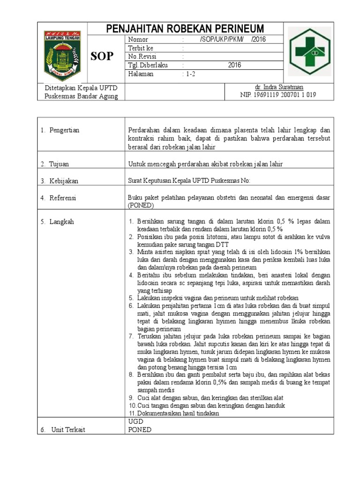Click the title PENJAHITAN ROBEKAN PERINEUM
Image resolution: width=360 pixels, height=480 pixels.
[x=185, y=29]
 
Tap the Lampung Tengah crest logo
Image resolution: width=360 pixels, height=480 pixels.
[x=62, y=56]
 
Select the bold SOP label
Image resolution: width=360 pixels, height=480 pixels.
[x=102, y=57]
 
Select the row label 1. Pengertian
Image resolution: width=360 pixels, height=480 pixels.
[x=60, y=130]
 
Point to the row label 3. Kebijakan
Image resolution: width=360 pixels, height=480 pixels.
[x=60, y=181]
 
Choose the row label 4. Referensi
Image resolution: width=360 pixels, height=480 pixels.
[x=59, y=198]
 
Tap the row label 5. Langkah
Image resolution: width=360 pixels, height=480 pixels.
[x=57, y=221]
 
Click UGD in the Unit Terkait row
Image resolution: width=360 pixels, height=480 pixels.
[x=135, y=421]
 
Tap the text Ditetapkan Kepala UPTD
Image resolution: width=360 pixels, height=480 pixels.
[x=75, y=88]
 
